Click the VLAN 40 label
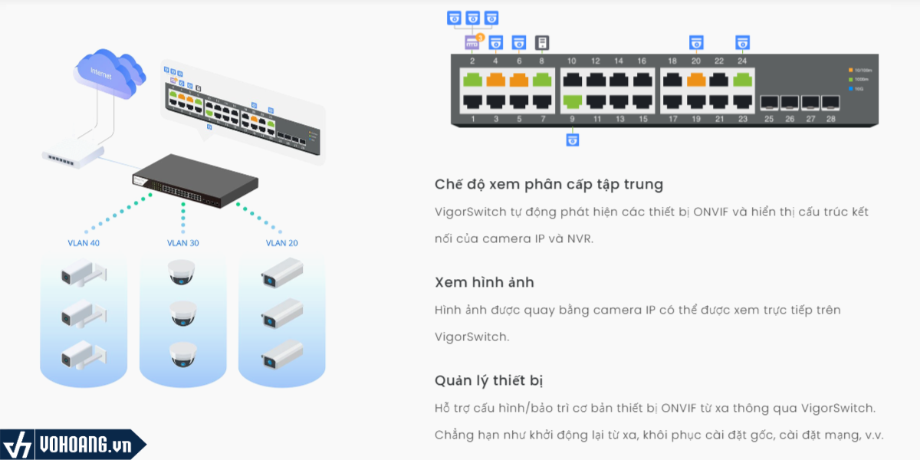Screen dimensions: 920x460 coord(84,243)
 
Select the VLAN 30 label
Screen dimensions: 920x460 coord(183,243)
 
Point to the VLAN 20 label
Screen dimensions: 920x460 coord(282,243)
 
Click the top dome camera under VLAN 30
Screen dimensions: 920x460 coord(182,271)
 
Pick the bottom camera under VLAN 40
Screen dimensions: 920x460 coord(83,354)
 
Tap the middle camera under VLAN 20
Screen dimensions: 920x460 coord(281,316)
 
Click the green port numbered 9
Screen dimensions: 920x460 coord(572,100)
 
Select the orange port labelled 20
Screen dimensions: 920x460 coord(696,79)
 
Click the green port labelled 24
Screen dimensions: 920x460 coord(742,79)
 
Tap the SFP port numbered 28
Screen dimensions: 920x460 coord(830,101)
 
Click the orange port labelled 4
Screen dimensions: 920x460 coord(495,79)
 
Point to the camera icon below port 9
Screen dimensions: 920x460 coord(572,139)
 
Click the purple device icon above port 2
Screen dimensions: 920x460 coord(472,42)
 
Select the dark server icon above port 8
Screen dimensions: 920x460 coord(542,42)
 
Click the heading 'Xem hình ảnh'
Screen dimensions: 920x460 coord(484,282)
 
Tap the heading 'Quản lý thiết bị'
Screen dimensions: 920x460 coord(489,380)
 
